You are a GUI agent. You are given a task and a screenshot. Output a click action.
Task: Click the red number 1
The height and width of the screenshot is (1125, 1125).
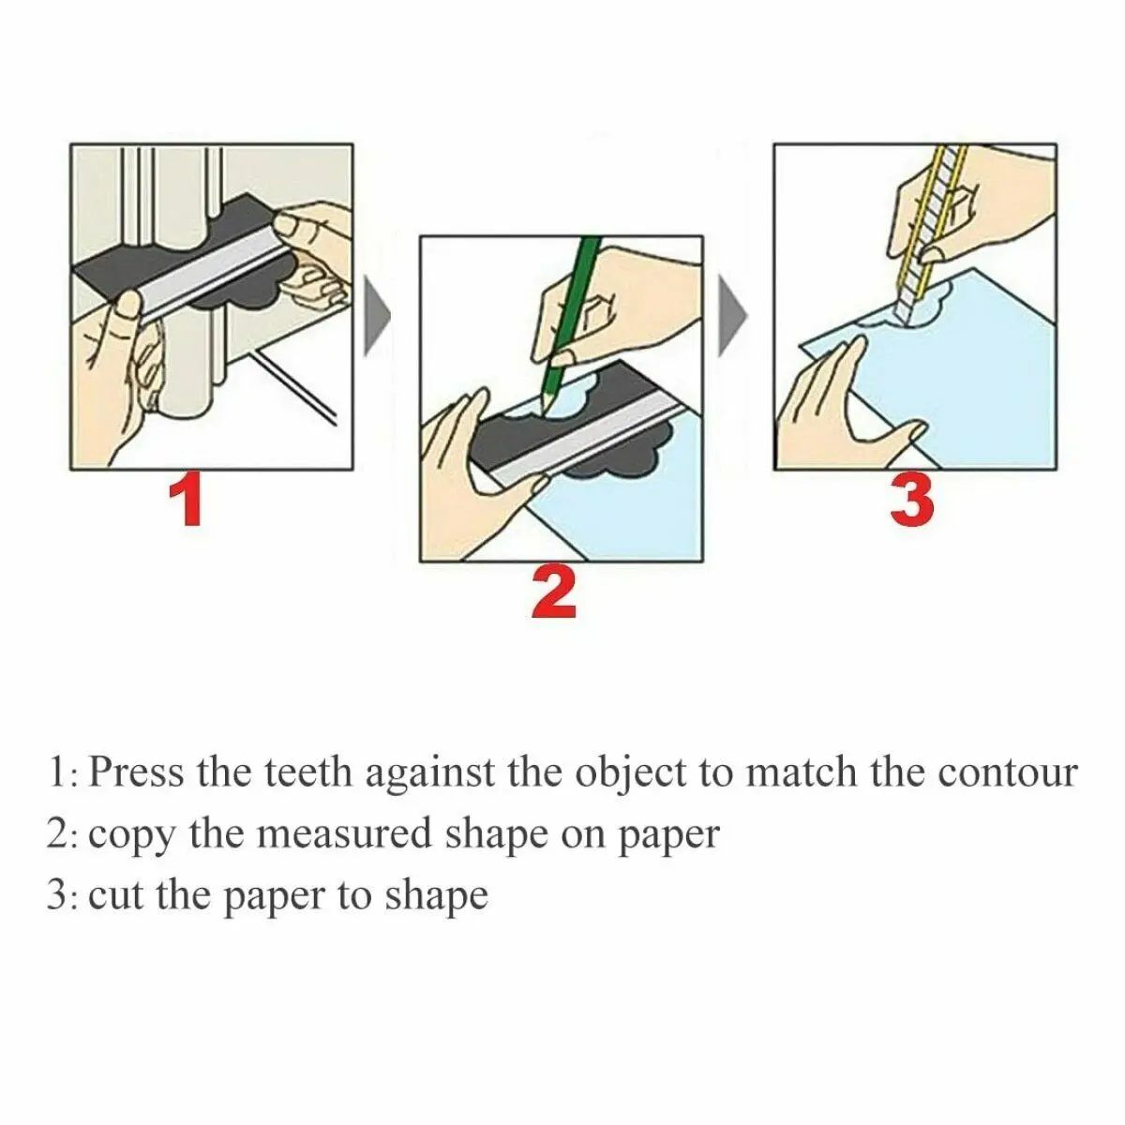pyautogui.click(x=189, y=502)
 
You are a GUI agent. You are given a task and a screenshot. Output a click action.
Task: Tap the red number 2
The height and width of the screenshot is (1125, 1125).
pyautogui.click(x=553, y=593)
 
